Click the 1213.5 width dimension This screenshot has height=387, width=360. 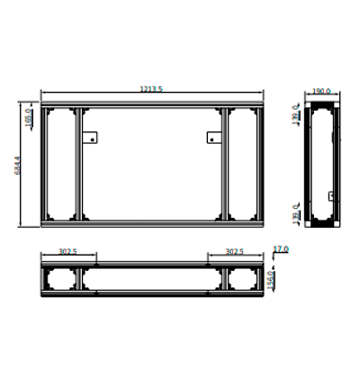pyautogui.click(x=151, y=89)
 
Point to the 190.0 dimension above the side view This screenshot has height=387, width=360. pyautogui.click(x=321, y=92)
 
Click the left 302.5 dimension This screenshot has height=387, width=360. pyautogui.click(x=67, y=253)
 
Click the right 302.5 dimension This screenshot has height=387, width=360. pyautogui.click(x=235, y=253)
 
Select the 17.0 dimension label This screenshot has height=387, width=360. pyautogui.click(x=280, y=249)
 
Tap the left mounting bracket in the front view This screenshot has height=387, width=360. pyautogui.click(x=90, y=138)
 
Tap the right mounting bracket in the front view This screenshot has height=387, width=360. pyautogui.click(x=213, y=138)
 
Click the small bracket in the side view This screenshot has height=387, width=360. pyautogui.click(x=331, y=196)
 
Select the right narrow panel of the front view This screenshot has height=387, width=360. pyautogui.click(x=242, y=164)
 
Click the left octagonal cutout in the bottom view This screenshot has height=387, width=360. pyautogui.click(x=61, y=279)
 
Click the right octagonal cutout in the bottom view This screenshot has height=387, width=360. pyautogui.click(x=242, y=279)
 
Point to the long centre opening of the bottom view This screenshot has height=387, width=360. pyautogui.click(x=151, y=279)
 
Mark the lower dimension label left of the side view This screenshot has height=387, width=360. pyautogui.click(x=295, y=214)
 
